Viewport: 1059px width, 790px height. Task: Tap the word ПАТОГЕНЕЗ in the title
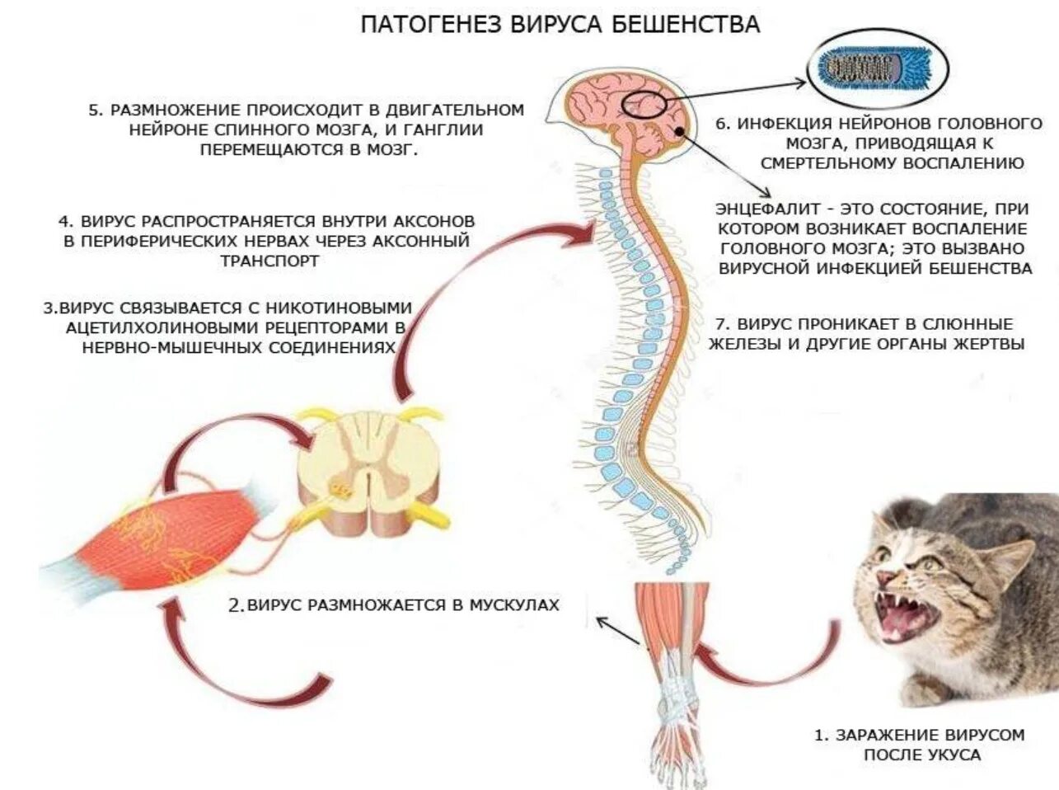pyautogui.click(x=420, y=24)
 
